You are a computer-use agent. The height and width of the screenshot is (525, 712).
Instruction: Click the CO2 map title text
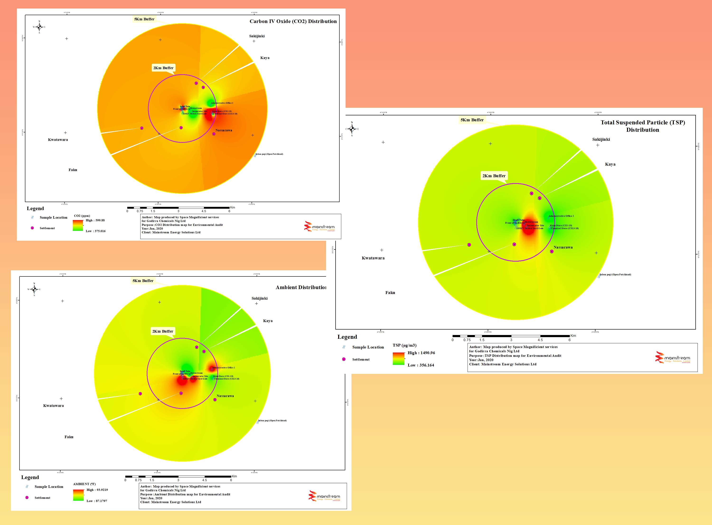(x=293, y=21)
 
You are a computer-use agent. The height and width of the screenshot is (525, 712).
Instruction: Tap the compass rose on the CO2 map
(x=39, y=27)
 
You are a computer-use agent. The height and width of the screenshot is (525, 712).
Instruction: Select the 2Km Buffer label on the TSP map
(x=494, y=176)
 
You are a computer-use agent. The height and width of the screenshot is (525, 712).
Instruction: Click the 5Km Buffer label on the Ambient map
(x=143, y=281)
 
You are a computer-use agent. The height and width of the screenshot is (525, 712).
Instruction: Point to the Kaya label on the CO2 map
(x=265, y=58)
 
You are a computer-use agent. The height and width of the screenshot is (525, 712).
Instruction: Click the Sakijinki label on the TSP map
(x=601, y=139)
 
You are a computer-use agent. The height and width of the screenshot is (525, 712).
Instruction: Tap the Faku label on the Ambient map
(x=69, y=437)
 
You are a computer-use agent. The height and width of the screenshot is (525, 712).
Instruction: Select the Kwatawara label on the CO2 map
(x=58, y=140)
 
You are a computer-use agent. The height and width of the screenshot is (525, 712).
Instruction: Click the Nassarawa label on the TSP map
(x=563, y=247)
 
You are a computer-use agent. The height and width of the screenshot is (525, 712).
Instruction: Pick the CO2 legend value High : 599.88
(x=95, y=220)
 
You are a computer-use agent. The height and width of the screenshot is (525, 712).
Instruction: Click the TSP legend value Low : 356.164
(x=421, y=365)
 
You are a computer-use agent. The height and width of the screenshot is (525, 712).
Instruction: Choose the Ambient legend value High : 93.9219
(x=97, y=490)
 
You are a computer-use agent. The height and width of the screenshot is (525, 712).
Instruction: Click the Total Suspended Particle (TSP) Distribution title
(x=643, y=126)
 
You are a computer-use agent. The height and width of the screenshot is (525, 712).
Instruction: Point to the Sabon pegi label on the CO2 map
(x=269, y=154)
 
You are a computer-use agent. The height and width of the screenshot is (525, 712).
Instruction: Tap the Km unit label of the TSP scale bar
(x=573, y=336)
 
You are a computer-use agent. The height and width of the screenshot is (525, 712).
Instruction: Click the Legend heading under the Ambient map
(x=30, y=477)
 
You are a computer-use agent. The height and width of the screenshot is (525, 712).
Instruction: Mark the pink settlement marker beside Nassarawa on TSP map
(x=552, y=251)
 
